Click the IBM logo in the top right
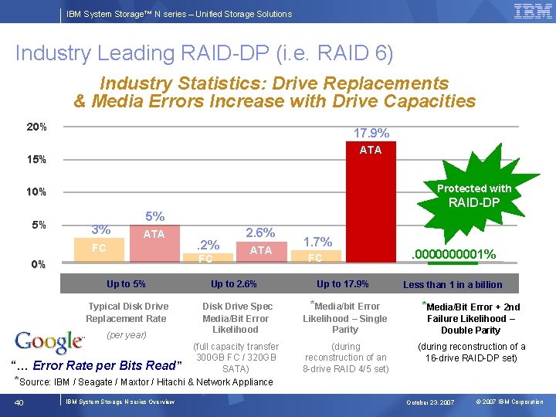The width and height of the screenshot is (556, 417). tap(532, 12)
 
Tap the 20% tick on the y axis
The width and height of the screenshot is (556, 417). tap(37, 127)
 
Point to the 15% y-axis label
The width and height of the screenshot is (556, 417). tap(37, 160)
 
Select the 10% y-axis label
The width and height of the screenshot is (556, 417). tap(37, 192)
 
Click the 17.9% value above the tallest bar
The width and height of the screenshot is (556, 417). tap(371, 134)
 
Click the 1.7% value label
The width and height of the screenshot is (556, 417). tap(317, 241)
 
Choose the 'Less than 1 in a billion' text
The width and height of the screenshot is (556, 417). tap(453, 285)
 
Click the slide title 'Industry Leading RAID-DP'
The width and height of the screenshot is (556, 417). tap(204, 53)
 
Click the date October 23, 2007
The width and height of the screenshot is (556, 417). tap(430, 402)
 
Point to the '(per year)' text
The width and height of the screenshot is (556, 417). tap(127, 335)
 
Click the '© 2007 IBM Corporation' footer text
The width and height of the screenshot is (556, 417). tap(510, 402)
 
